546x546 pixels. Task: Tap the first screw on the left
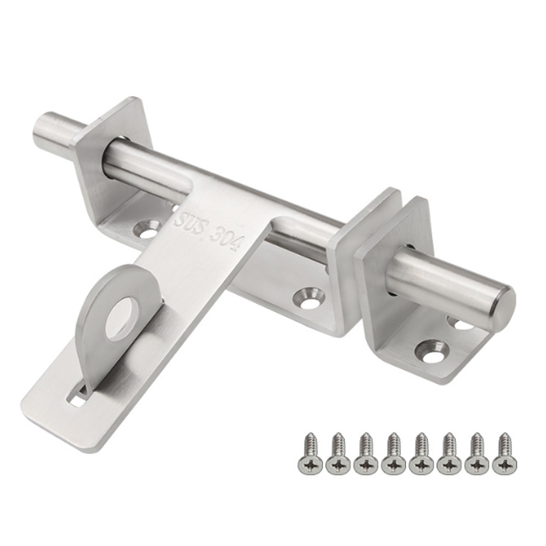(310, 452)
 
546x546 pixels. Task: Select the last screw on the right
(505, 452)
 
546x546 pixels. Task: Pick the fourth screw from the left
(394, 452)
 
